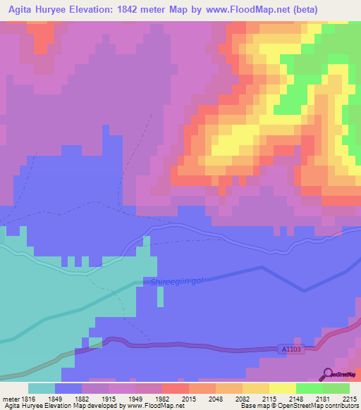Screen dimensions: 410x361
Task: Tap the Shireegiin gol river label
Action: pos(176,282)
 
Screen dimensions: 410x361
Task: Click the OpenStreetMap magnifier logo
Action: pos(328,375)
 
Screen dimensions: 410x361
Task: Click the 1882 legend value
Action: pos(82,398)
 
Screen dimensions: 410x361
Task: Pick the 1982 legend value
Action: pos(161,398)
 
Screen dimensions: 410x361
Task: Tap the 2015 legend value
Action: pos(188,398)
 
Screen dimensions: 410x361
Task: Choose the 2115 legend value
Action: pos(269,398)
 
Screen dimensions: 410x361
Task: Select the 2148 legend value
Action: pos(295,398)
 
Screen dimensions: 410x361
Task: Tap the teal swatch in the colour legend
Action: pos(42,388)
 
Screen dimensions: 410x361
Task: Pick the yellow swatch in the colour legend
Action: pos(282,388)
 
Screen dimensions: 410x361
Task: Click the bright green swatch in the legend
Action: pos(309,388)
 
